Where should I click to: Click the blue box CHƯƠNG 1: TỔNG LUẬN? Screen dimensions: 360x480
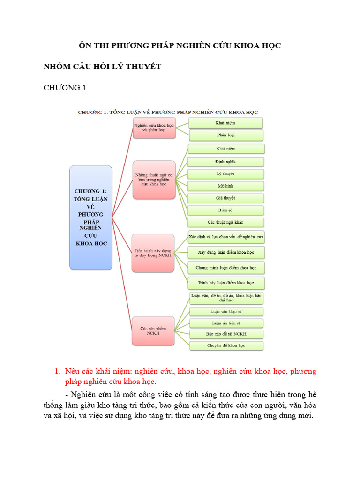click(x=91, y=217)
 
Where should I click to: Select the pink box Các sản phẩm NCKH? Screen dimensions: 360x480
click(x=153, y=331)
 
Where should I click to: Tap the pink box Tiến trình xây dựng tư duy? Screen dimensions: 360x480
click(x=153, y=253)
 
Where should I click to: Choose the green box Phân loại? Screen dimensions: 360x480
click(x=226, y=135)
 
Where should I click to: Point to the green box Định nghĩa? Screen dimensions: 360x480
click(x=226, y=162)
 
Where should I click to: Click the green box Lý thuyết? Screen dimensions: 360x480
click(x=226, y=174)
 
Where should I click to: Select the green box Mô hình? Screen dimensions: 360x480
click(x=226, y=186)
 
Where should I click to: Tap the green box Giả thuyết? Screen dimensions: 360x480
click(x=226, y=198)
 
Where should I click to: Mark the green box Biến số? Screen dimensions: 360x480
click(x=226, y=210)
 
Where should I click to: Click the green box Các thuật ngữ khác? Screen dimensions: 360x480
click(x=226, y=222)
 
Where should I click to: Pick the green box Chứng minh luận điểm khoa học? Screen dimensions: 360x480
click(x=226, y=268)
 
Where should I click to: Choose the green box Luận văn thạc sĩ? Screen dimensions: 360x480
click(x=226, y=311)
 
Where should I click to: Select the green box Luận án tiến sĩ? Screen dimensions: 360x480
click(x=226, y=323)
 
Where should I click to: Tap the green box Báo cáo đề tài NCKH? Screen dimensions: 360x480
click(x=226, y=334)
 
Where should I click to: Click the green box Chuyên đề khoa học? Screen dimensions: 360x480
click(x=226, y=346)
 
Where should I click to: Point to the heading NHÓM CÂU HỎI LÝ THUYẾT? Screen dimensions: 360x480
click(x=102, y=67)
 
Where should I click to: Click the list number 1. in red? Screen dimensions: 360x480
click(x=58, y=372)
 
